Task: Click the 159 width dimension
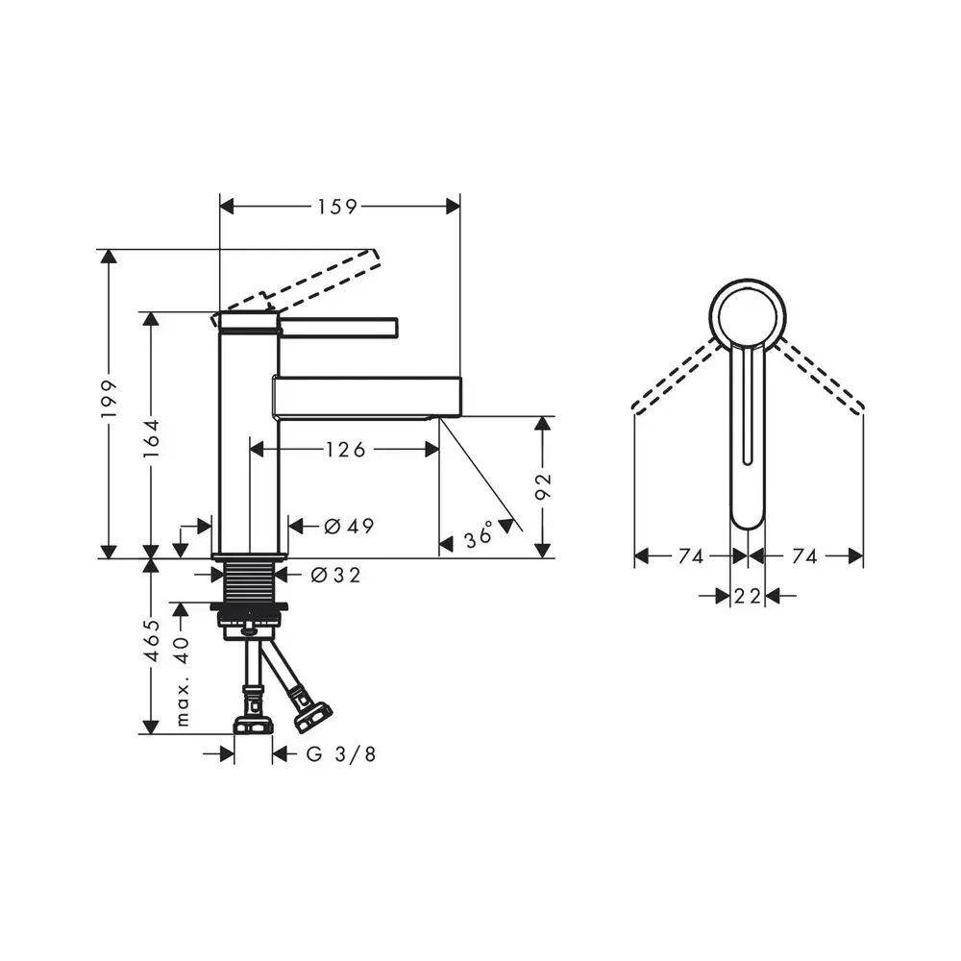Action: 337,207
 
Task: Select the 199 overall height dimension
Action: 109,399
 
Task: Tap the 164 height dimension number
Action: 151,437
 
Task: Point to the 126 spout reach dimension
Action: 345,450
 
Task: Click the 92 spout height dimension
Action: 543,486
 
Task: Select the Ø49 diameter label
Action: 349,526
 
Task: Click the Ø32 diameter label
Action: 335,575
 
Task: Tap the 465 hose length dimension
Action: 152,640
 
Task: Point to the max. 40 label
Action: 183,680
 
